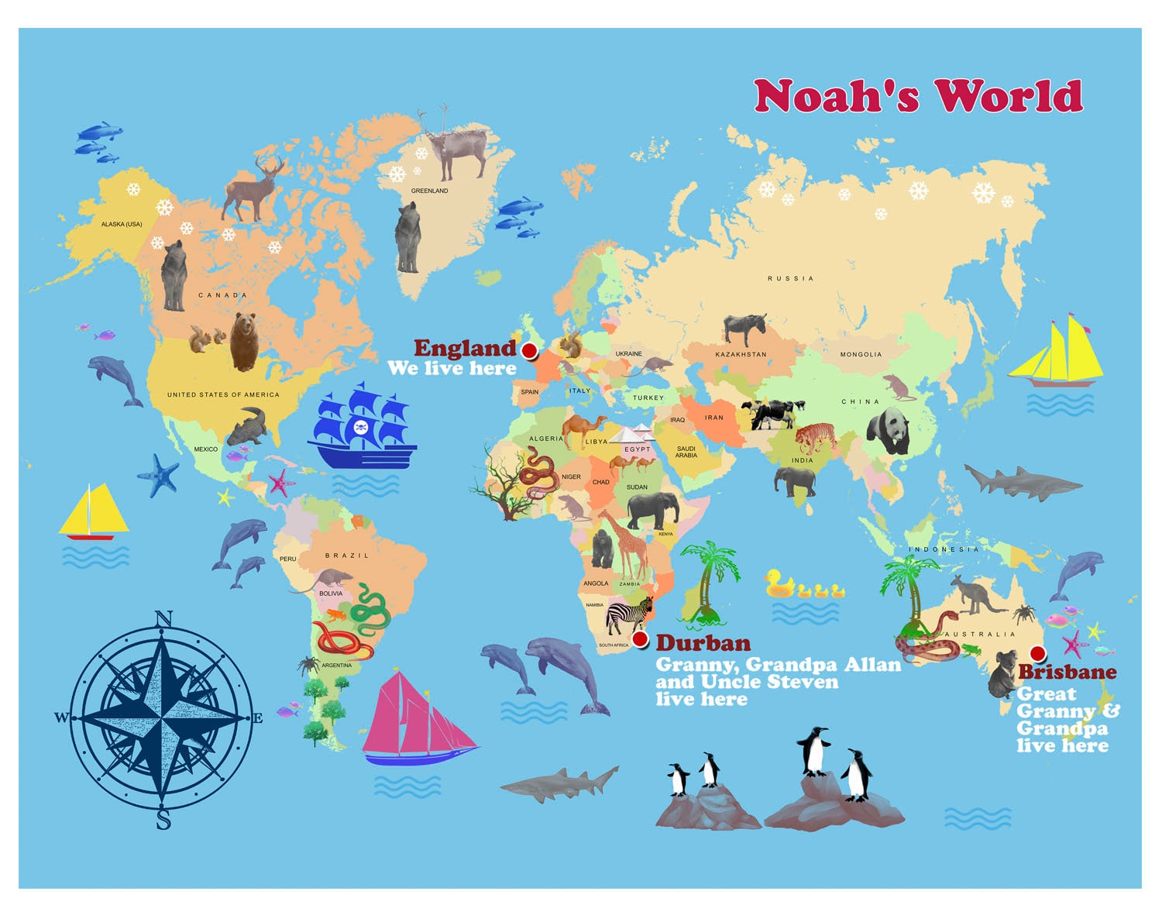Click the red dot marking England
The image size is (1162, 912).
[x=530, y=351]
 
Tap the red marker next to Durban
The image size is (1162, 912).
[x=641, y=639]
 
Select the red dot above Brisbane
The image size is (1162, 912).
[x=1038, y=653]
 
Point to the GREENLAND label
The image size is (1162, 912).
[x=429, y=191]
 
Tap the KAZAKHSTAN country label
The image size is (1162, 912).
[x=741, y=355]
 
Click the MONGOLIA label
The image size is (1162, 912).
[x=861, y=355]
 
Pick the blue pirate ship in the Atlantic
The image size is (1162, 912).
[x=362, y=428]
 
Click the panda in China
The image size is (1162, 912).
[x=889, y=431]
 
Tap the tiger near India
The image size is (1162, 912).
[x=815, y=438]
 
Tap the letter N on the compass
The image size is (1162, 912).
[x=163, y=618]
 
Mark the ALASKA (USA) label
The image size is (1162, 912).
[x=122, y=225]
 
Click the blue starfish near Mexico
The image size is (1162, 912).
[x=160, y=474]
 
